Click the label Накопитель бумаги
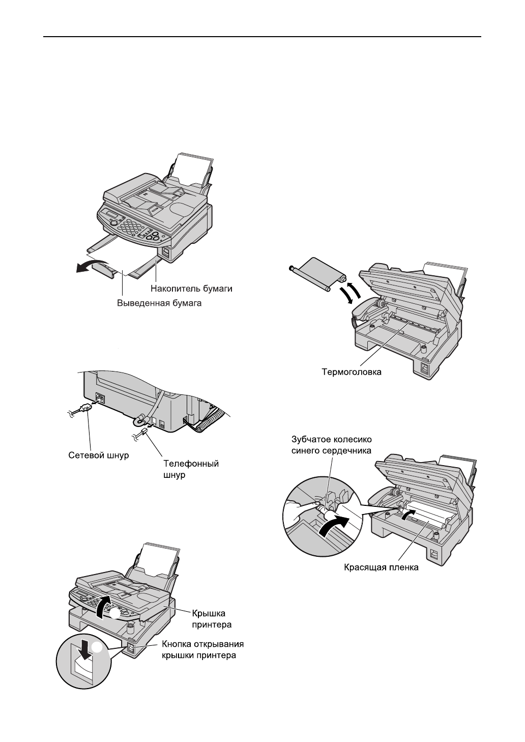tap(191, 289)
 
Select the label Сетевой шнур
tap(98, 455)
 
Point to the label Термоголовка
tap(352, 372)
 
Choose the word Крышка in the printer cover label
tap(208, 613)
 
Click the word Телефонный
tap(191, 464)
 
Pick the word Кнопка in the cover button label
tap(178, 645)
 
